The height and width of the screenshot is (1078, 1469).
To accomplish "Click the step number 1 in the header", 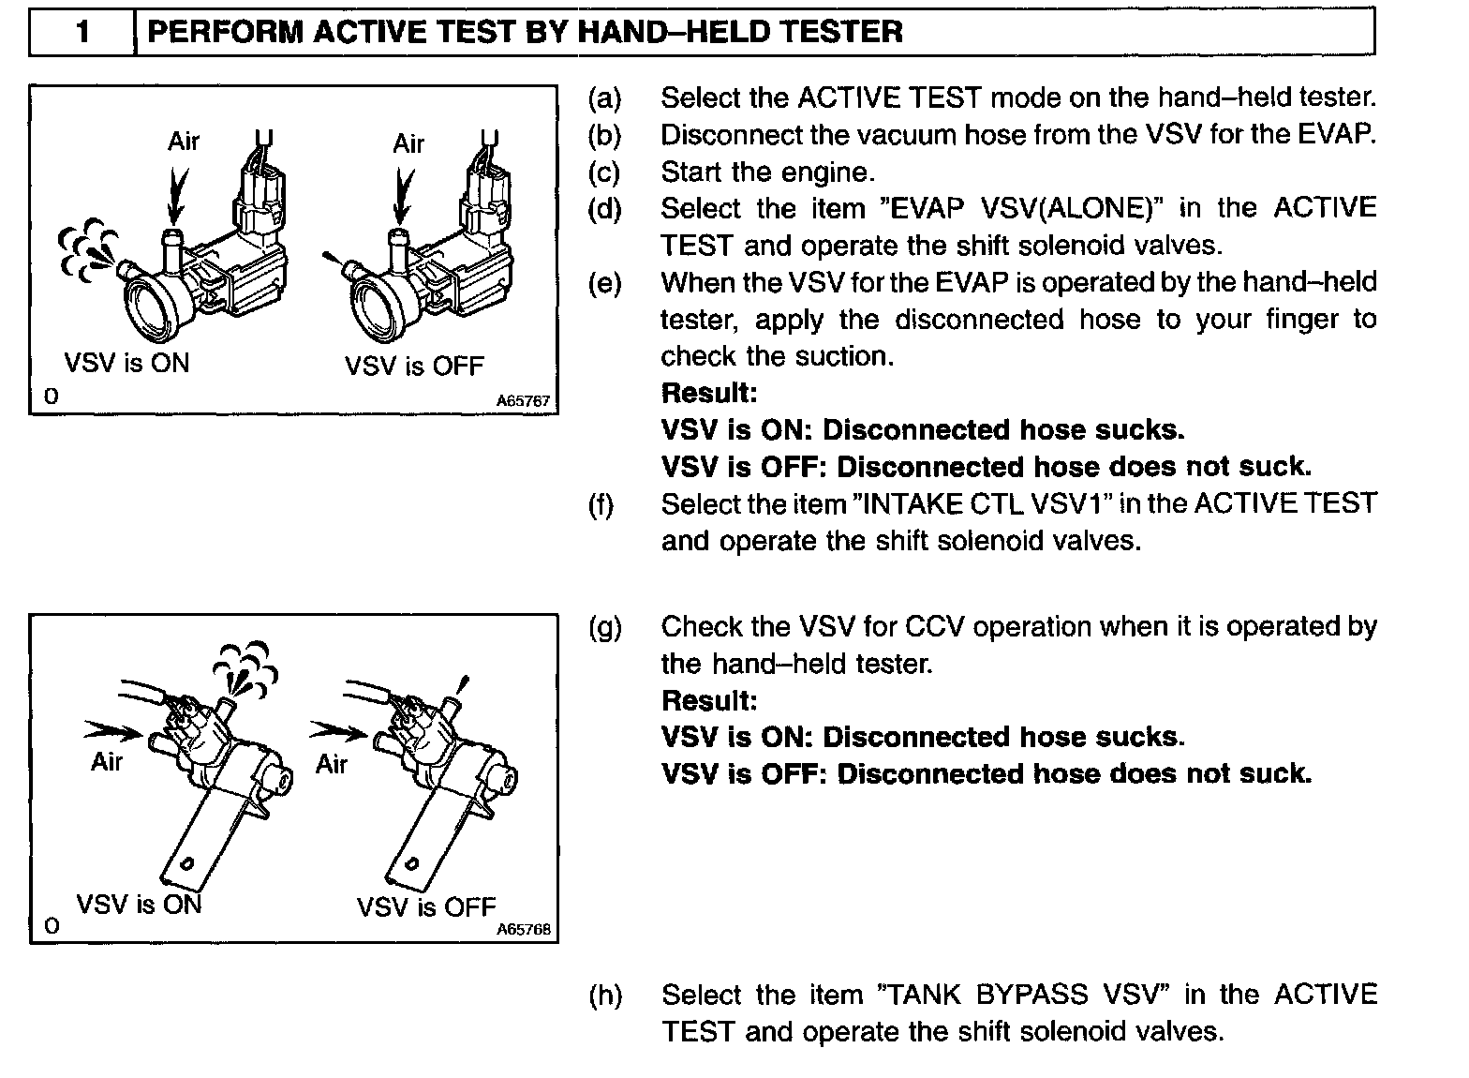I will pyautogui.click(x=82, y=33).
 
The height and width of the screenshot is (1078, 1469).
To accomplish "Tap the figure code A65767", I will pyautogui.click(x=523, y=400).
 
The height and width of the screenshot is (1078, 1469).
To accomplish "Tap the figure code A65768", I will pyautogui.click(x=523, y=930).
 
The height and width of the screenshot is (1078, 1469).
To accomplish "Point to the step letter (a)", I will pyautogui.click(x=604, y=97).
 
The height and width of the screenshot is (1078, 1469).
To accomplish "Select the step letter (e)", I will pyautogui.click(x=604, y=282).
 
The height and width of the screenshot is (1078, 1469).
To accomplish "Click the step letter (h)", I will pyautogui.click(x=605, y=995).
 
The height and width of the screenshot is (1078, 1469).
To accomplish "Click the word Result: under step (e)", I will pyautogui.click(x=708, y=393).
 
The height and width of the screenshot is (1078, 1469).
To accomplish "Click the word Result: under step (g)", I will pyautogui.click(x=708, y=700).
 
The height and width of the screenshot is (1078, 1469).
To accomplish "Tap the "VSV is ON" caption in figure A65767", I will pyautogui.click(x=126, y=363).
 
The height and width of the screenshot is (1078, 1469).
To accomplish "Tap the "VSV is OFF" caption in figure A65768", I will pyautogui.click(x=426, y=907).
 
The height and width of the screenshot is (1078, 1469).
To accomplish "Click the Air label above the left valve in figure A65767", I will pyautogui.click(x=184, y=142).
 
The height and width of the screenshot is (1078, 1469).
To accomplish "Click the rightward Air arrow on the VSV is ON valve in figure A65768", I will pyautogui.click(x=110, y=729).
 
